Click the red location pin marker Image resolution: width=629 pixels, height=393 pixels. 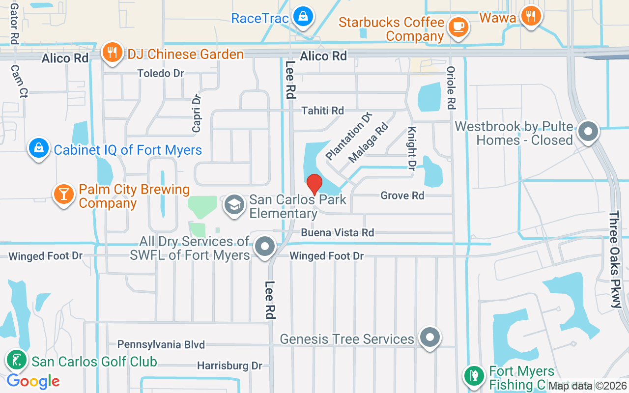(314, 184)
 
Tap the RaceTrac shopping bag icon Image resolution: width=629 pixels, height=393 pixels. (304, 16)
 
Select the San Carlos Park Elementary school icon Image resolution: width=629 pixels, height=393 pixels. (234, 205)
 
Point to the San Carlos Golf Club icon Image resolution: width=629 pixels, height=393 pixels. (17, 361)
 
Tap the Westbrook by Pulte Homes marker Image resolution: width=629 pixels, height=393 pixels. (588, 132)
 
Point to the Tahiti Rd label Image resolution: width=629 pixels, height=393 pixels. (323, 111)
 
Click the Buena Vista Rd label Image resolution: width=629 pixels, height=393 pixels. (338, 232)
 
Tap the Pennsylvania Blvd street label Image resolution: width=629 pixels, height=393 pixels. (161, 345)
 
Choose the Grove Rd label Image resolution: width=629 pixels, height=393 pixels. (402, 196)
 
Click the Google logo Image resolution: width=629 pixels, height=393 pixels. (33, 381)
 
